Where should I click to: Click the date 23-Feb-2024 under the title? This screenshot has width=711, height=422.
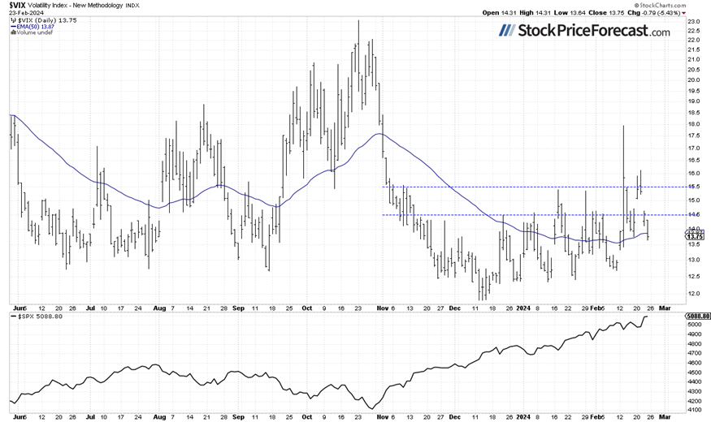pos(24,13)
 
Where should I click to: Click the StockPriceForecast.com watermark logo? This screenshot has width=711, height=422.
pos(584,31)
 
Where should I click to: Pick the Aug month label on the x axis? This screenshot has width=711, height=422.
pos(159,308)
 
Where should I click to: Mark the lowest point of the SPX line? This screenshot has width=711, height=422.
pos(371,408)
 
